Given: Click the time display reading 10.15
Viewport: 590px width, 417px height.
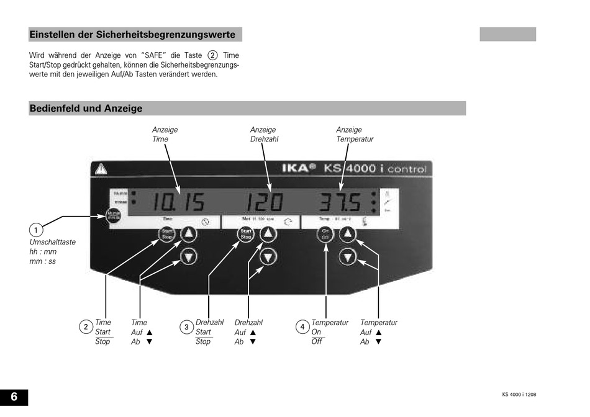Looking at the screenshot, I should (179, 202).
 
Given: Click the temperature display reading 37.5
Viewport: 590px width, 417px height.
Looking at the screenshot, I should (341, 202).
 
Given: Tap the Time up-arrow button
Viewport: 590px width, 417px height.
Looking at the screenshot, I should (189, 235).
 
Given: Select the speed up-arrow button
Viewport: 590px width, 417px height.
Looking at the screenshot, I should (268, 235).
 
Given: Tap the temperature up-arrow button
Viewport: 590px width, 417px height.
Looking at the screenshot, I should (348, 235).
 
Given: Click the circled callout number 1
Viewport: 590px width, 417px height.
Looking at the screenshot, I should (37, 228).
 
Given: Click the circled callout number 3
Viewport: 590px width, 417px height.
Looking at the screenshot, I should (186, 327).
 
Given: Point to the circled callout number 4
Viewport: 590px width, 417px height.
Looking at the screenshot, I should (302, 327).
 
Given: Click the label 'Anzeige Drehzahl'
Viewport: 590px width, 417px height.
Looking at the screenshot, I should (264, 135).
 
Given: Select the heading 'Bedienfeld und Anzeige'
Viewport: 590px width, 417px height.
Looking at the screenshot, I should (86, 109).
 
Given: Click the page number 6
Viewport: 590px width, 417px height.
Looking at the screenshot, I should (14, 397).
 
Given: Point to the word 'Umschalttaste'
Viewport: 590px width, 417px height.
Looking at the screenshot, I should (53, 242).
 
